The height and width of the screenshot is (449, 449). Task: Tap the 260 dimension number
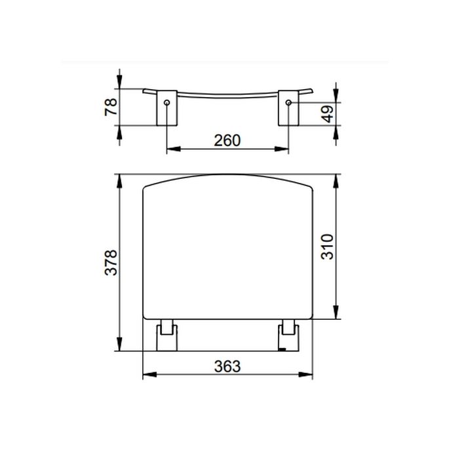pos(228,140)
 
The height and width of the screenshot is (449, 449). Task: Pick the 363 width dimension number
pos(228,366)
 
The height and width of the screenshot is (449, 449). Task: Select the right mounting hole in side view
pos(288,104)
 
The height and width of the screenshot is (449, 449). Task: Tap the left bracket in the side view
pos(165,109)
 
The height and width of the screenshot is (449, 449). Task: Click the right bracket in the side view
pos(288,109)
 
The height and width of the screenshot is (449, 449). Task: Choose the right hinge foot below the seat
pos(288,335)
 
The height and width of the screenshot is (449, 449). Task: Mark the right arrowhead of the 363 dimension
pos(310,376)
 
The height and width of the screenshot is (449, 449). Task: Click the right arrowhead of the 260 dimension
pos(284,149)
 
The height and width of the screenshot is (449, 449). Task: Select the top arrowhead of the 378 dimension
pos(119,178)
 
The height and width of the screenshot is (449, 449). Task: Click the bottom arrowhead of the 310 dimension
pos(337,315)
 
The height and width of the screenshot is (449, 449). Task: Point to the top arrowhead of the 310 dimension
pos(337,178)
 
